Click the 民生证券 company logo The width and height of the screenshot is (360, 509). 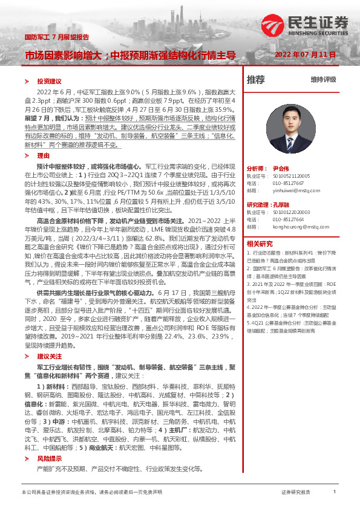[306, 24]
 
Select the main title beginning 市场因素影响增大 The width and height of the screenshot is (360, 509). [129, 56]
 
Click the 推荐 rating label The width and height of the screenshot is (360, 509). [256, 79]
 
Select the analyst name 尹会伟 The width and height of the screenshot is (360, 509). [281, 169]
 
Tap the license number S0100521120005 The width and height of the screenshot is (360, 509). [292, 176]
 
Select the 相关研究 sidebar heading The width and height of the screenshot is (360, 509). [260, 244]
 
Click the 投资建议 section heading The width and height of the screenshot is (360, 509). [50, 80]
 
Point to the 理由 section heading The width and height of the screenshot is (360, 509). [43, 155]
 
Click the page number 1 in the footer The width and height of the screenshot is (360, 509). [335, 493]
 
